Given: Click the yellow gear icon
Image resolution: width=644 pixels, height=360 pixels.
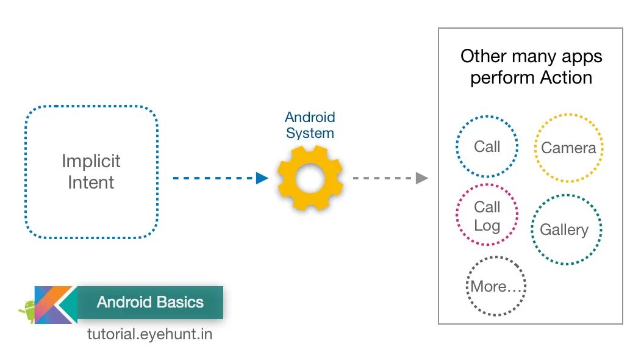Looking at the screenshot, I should (310, 178).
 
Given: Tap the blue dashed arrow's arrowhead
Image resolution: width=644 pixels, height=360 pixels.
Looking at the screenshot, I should (262, 178).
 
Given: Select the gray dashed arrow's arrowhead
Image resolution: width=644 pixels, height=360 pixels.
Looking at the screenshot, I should (421, 178).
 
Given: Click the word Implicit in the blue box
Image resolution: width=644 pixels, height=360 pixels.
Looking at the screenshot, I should (91, 162).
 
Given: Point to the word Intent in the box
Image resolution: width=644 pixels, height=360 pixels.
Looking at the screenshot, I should (91, 182).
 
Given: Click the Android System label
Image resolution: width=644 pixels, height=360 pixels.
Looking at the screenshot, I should (310, 125).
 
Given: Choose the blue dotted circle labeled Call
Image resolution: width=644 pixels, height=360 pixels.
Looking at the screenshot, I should (487, 146).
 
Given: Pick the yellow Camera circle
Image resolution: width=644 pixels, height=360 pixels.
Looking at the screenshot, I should (568, 148).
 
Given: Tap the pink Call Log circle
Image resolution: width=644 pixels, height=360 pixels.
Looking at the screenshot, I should (487, 215).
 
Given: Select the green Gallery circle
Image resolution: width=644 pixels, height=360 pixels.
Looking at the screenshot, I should (565, 230).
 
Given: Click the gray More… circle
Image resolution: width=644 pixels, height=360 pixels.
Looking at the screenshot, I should (496, 286).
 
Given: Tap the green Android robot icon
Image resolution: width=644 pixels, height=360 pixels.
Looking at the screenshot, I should (27, 311).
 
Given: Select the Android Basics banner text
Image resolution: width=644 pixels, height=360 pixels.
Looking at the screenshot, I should (150, 302).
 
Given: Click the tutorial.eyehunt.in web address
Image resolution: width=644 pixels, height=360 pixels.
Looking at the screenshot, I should (150, 334).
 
